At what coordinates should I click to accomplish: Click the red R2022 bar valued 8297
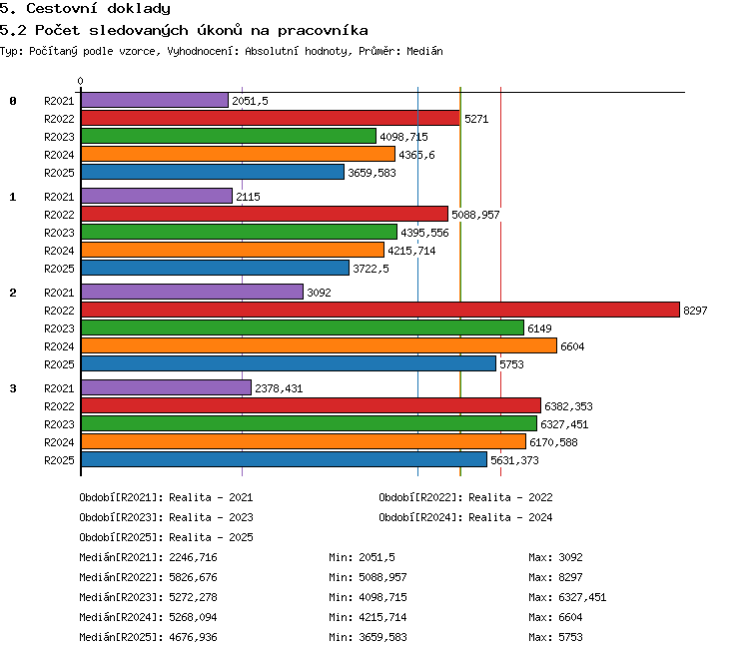[380, 310]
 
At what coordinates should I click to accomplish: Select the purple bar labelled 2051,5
[155, 100]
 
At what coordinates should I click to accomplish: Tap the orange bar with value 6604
[320, 345]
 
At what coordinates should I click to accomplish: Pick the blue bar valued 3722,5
[215, 268]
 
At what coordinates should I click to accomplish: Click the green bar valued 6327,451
[309, 423]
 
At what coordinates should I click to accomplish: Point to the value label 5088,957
[475, 215]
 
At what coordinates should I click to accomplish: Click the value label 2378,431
[279, 388]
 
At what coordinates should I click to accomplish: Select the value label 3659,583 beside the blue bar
[372, 173]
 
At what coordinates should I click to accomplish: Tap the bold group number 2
[13, 293]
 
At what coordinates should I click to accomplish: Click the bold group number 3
[13, 388]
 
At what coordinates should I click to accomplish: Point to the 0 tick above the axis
[80, 81]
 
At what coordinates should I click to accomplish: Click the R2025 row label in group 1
[59, 269]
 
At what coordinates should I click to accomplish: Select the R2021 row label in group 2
[59, 293]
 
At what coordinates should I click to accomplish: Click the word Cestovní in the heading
[62, 9]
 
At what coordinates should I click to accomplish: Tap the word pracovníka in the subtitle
[323, 31]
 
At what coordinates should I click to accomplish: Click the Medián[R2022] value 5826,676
[193, 577]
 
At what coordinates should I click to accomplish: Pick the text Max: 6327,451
[567, 597]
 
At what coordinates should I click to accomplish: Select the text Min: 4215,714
[368, 617]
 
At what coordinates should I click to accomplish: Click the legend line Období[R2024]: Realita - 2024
[465, 517]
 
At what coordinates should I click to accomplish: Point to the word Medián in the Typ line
[424, 51]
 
